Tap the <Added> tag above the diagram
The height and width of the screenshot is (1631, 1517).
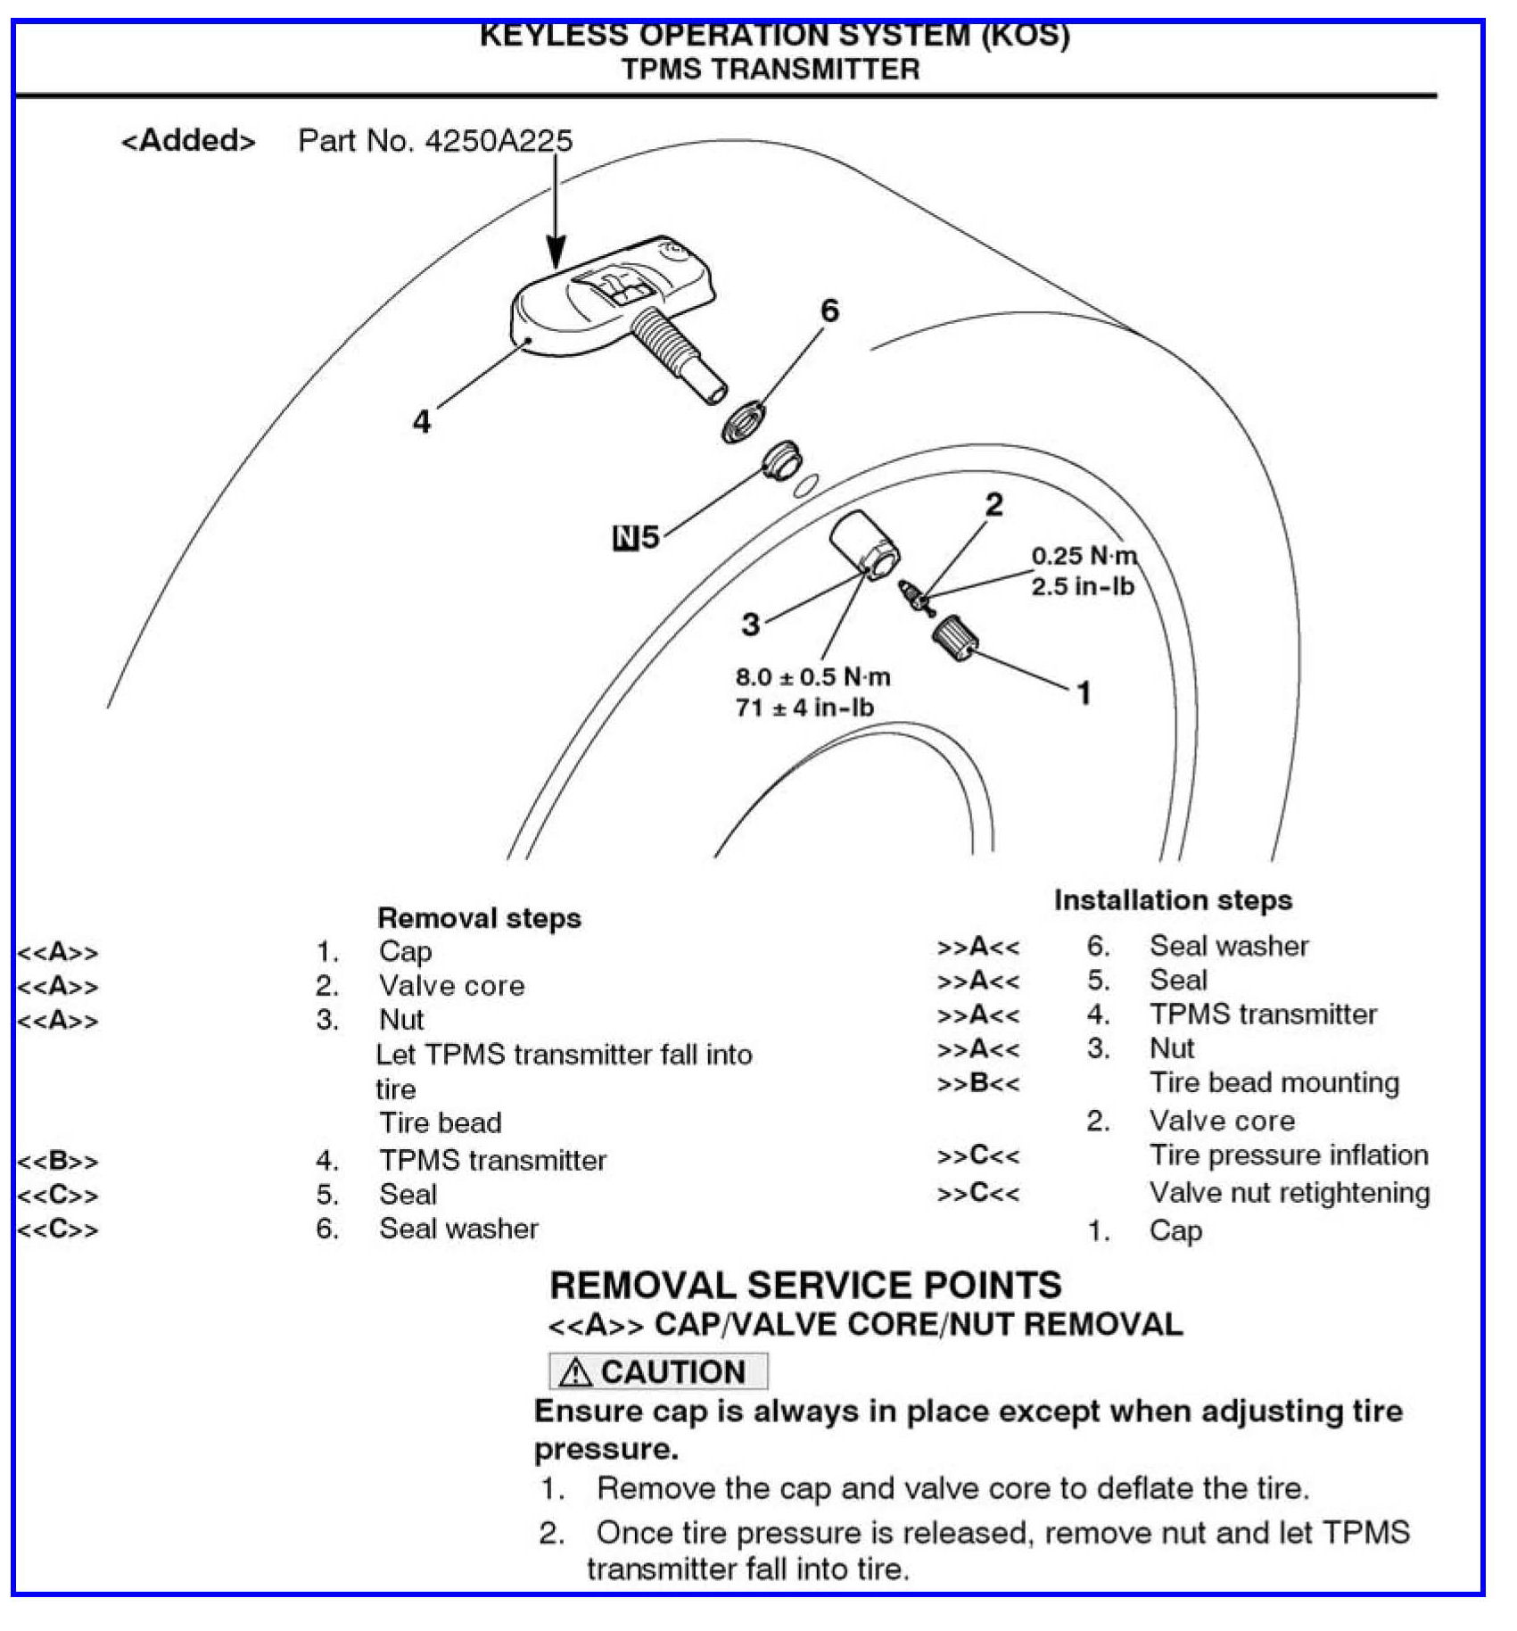pyautogui.click(x=188, y=141)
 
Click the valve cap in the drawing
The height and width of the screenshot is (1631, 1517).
pyautogui.click(x=955, y=636)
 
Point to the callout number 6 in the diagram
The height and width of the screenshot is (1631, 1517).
pyautogui.click(x=829, y=310)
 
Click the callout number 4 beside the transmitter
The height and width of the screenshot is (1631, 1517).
pyautogui.click(x=421, y=421)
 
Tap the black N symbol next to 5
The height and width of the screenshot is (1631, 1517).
pyautogui.click(x=626, y=538)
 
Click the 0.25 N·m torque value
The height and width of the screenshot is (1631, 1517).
pyautogui.click(x=1084, y=556)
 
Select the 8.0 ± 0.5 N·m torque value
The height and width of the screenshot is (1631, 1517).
pyautogui.click(x=812, y=676)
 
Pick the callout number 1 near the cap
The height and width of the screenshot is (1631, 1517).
pyautogui.click(x=1084, y=692)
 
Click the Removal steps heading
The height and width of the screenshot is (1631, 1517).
pyautogui.click(x=479, y=917)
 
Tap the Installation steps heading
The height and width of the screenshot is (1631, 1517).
pyautogui.click(x=1173, y=899)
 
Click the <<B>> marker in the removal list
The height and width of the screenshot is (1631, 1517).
pyautogui.click(x=58, y=1161)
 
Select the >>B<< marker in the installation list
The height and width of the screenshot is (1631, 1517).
pyautogui.click(x=977, y=1084)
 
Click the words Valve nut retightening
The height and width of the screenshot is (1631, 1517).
pyautogui.click(x=1289, y=1192)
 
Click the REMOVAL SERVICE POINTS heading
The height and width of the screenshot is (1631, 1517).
pyautogui.click(x=805, y=1285)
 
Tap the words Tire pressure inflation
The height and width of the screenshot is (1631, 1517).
pyautogui.click(x=1289, y=1155)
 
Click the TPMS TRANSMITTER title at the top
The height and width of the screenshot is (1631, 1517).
pyautogui.click(x=771, y=70)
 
